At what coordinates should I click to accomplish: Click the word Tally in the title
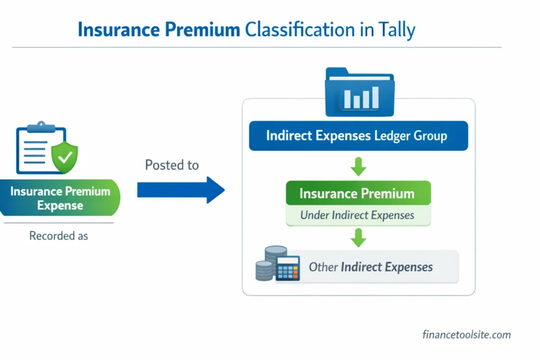click(396, 30)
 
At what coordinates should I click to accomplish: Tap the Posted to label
click(172, 165)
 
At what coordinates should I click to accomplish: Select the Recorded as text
click(59, 236)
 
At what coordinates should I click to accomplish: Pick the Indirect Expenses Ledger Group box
click(358, 136)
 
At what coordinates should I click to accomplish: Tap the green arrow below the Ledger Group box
click(358, 167)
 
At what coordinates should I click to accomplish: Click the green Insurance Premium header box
click(358, 193)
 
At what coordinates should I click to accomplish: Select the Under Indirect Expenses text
click(357, 215)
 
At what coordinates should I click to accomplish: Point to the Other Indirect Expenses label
click(371, 267)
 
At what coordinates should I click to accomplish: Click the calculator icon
click(287, 268)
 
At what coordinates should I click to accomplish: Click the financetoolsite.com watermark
click(466, 334)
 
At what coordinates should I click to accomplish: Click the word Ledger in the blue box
click(392, 136)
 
